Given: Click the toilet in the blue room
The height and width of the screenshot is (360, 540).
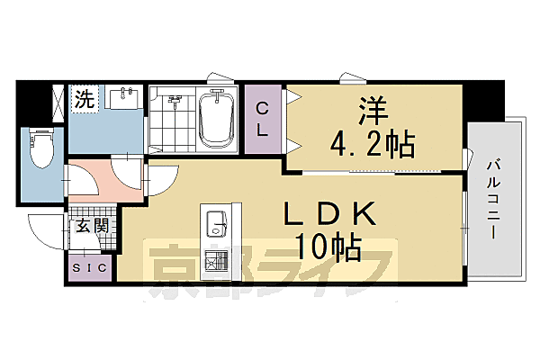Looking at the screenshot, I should click(41, 150).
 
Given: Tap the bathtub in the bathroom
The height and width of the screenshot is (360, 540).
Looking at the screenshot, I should click(216, 118).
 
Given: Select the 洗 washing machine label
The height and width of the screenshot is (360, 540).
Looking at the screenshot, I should click(84, 99).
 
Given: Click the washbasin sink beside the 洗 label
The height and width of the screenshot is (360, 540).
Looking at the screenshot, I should click(124, 95).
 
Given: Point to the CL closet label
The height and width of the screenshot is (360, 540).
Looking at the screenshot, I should click(262, 118).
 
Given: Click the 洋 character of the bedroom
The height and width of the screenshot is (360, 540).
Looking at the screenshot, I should click(372, 112).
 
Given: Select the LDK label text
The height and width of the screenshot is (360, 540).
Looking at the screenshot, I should click(329, 215).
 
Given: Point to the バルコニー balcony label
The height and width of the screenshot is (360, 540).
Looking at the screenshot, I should click(493, 197).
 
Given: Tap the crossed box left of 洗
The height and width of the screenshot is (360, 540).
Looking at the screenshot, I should click(58, 101).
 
